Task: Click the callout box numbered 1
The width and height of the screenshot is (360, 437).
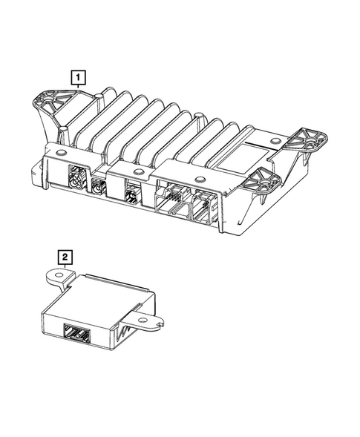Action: coord(76,75)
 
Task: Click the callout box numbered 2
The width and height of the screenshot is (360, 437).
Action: coord(66,257)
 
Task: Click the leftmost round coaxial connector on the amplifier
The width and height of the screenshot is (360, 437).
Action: coord(74,179)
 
